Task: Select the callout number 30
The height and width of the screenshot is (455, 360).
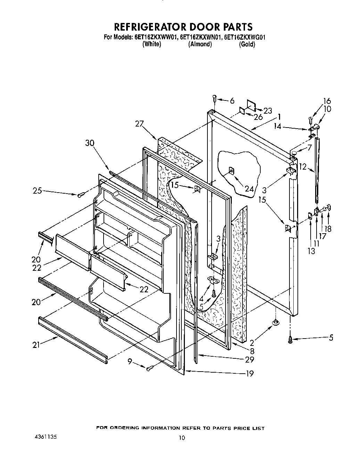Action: tap(90, 143)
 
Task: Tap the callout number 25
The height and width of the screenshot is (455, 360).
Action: tap(38, 190)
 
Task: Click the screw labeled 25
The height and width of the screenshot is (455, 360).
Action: tap(81, 195)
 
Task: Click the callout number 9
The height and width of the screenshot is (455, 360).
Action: tap(130, 362)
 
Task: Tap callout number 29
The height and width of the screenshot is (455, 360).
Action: tap(249, 359)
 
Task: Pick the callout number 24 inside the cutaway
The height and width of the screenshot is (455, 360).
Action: tap(249, 189)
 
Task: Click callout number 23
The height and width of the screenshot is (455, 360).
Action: tap(268, 111)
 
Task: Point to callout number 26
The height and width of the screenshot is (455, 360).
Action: tap(258, 117)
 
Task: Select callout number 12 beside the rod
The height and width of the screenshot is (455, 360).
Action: tap(303, 167)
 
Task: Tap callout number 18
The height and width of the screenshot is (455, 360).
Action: tap(328, 228)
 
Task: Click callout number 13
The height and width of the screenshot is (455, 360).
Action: tap(311, 251)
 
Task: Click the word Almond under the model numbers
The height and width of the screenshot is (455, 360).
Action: tap(200, 44)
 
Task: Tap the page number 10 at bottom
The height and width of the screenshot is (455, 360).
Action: tap(181, 438)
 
